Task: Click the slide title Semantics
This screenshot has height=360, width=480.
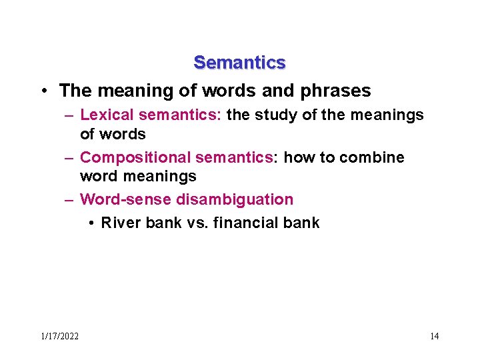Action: tap(239, 63)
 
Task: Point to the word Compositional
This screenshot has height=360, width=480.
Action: tap(135, 157)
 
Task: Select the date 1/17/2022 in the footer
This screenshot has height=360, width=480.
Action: tap(60, 336)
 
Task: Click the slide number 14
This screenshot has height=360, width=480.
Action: tap(434, 336)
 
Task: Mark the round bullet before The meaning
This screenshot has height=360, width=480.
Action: tap(43, 90)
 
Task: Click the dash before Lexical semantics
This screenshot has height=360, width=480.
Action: tap(69, 115)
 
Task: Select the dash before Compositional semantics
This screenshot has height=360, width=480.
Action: tap(69, 157)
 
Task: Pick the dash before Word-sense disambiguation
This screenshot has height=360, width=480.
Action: tap(69, 199)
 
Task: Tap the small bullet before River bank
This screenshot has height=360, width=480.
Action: tap(90, 223)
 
